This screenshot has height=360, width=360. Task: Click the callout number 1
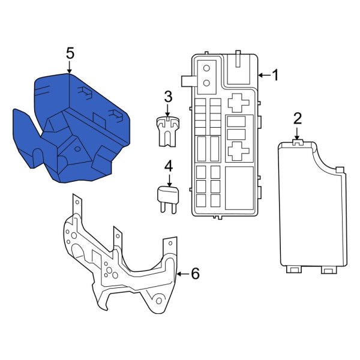[275, 76]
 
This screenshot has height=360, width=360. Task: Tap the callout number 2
[297, 118]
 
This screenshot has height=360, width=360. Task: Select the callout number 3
[168, 96]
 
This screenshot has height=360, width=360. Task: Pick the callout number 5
[70, 53]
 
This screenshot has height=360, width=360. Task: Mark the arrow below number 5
[70, 67]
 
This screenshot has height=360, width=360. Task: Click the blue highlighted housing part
[72, 126]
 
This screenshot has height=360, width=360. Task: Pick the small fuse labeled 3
[167, 129]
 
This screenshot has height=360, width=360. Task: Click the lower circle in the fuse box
[207, 83]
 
